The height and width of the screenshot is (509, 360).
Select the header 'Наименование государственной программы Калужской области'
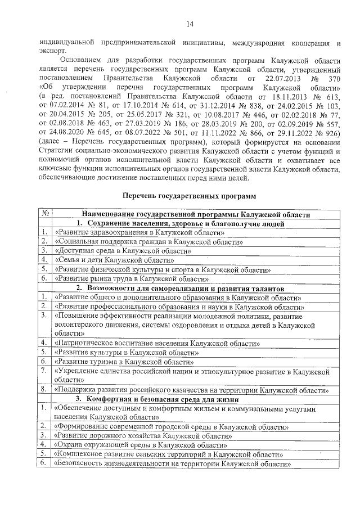[x=196, y=214]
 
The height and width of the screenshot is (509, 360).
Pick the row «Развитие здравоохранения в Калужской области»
[x=137, y=232]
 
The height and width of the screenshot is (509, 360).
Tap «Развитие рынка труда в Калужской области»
[x=132, y=278]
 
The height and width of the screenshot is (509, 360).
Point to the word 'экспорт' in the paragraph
[x=52, y=50]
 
